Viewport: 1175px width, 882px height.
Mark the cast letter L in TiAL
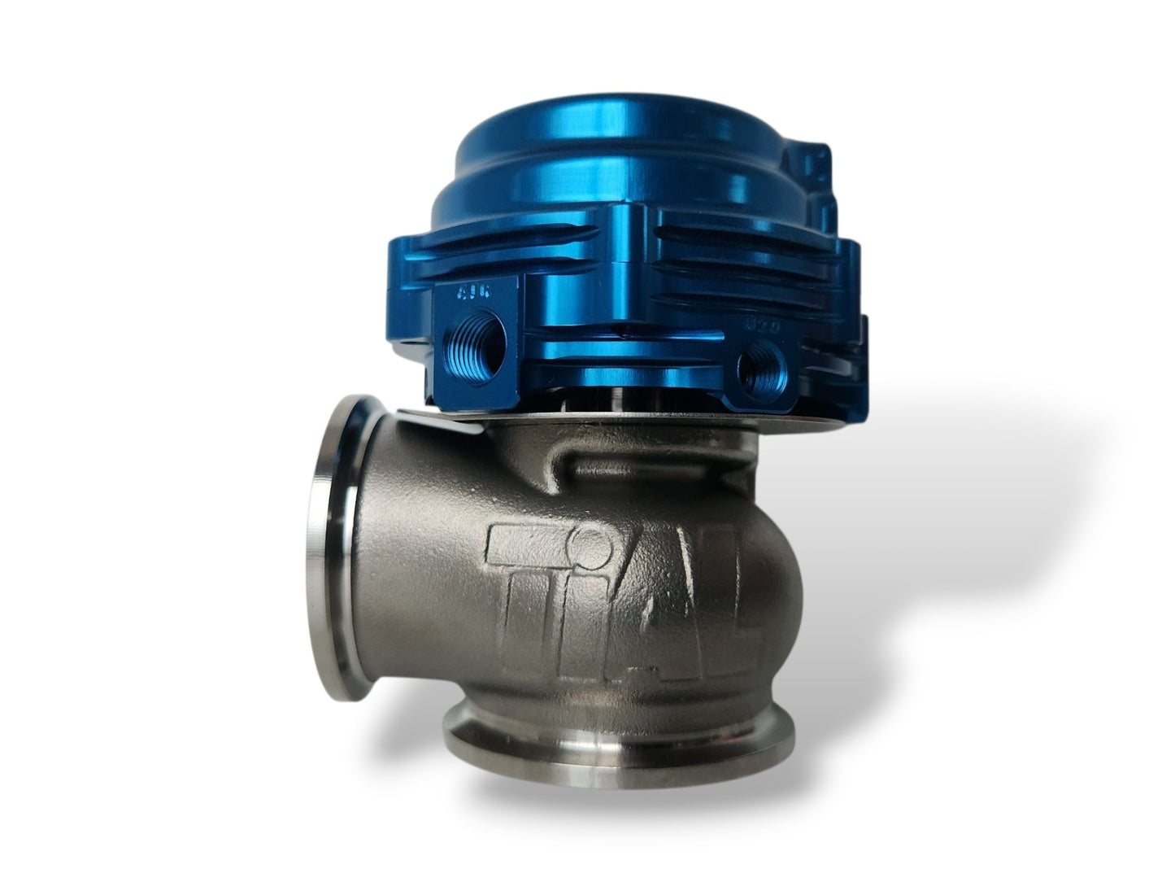point(744,602)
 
